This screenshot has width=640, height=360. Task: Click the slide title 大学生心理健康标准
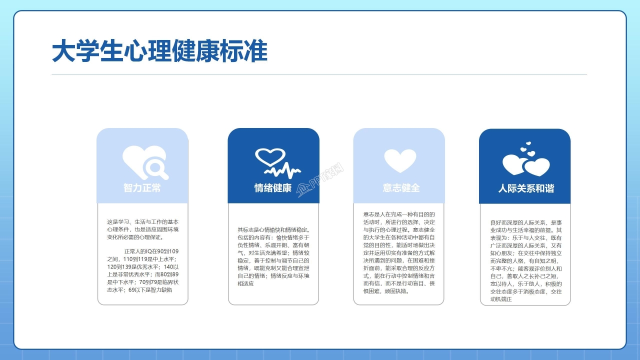point(159,52)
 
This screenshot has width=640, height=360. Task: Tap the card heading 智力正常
point(142,188)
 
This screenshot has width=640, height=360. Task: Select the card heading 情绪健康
point(273,188)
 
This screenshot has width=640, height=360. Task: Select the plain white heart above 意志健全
point(400,160)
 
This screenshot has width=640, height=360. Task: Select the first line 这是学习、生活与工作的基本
point(142,221)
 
